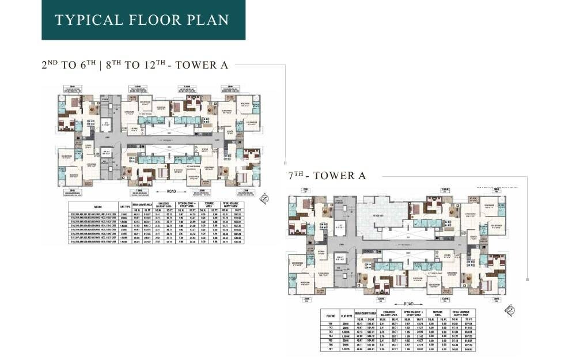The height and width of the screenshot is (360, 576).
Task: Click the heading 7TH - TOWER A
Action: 327,176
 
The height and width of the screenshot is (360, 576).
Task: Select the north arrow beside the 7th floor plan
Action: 509,311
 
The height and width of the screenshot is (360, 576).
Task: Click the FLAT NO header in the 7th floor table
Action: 330,316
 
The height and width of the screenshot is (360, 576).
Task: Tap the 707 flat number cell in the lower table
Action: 330,349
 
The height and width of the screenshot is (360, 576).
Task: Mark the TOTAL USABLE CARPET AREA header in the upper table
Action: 234,204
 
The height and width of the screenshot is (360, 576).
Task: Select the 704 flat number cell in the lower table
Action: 330,336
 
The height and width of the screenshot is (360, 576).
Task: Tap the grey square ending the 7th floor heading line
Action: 528,279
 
